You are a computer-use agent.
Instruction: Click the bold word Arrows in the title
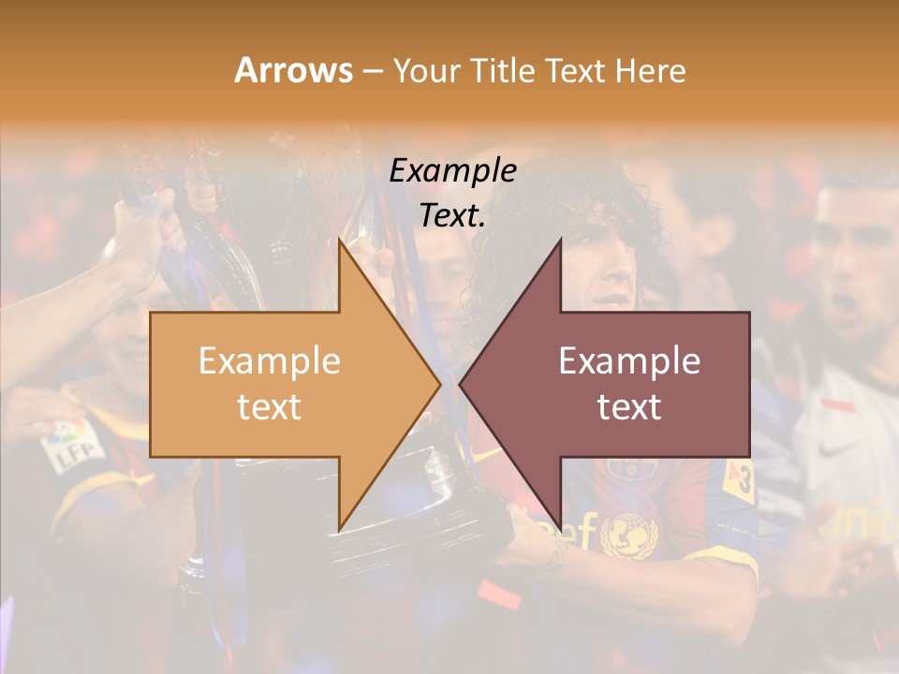(x=294, y=70)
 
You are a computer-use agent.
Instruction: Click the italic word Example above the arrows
(x=452, y=170)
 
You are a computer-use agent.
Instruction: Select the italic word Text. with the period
(x=452, y=215)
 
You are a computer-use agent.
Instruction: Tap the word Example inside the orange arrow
(x=269, y=361)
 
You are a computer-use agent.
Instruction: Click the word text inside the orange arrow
(x=269, y=407)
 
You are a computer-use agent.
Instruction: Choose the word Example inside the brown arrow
(x=629, y=361)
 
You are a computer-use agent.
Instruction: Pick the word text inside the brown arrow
(x=629, y=407)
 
